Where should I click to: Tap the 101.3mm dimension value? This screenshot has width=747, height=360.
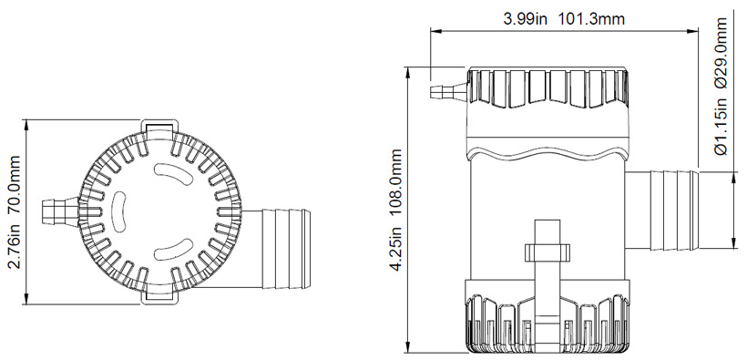(x=591, y=18)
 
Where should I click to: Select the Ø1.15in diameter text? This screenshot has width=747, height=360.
(x=721, y=126)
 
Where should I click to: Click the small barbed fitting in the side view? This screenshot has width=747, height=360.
(x=448, y=91)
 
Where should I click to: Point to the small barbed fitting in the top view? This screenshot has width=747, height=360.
(x=60, y=211)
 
